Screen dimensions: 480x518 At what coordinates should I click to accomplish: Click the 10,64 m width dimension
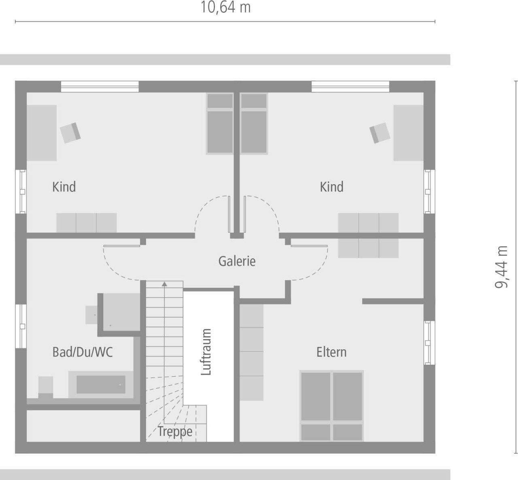[x=225, y=8]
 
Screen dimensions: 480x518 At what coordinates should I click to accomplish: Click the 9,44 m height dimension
[x=501, y=267]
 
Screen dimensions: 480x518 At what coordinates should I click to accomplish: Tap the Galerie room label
[x=237, y=261]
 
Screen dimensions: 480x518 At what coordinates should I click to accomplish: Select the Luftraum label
[x=206, y=352]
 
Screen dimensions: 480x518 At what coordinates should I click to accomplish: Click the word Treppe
[x=175, y=431]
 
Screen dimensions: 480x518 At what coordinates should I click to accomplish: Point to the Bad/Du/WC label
[x=83, y=352]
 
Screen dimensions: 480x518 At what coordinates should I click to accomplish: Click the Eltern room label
[x=331, y=352]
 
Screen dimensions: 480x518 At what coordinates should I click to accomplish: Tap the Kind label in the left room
[x=64, y=187]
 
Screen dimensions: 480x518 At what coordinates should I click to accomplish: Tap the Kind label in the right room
[x=331, y=187]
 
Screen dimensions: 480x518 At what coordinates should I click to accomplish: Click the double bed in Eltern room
[x=331, y=405]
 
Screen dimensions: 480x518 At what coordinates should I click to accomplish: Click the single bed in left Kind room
[x=220, y=124]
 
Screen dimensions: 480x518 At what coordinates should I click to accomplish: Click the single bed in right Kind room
[x=254, y=124]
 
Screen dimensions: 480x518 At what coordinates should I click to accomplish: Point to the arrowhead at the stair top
[x=164, y=284]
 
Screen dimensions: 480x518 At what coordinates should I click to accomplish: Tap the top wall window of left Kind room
[x=100, y=86]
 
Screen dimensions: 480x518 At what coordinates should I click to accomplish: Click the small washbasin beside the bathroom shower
[x=91, y=314]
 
